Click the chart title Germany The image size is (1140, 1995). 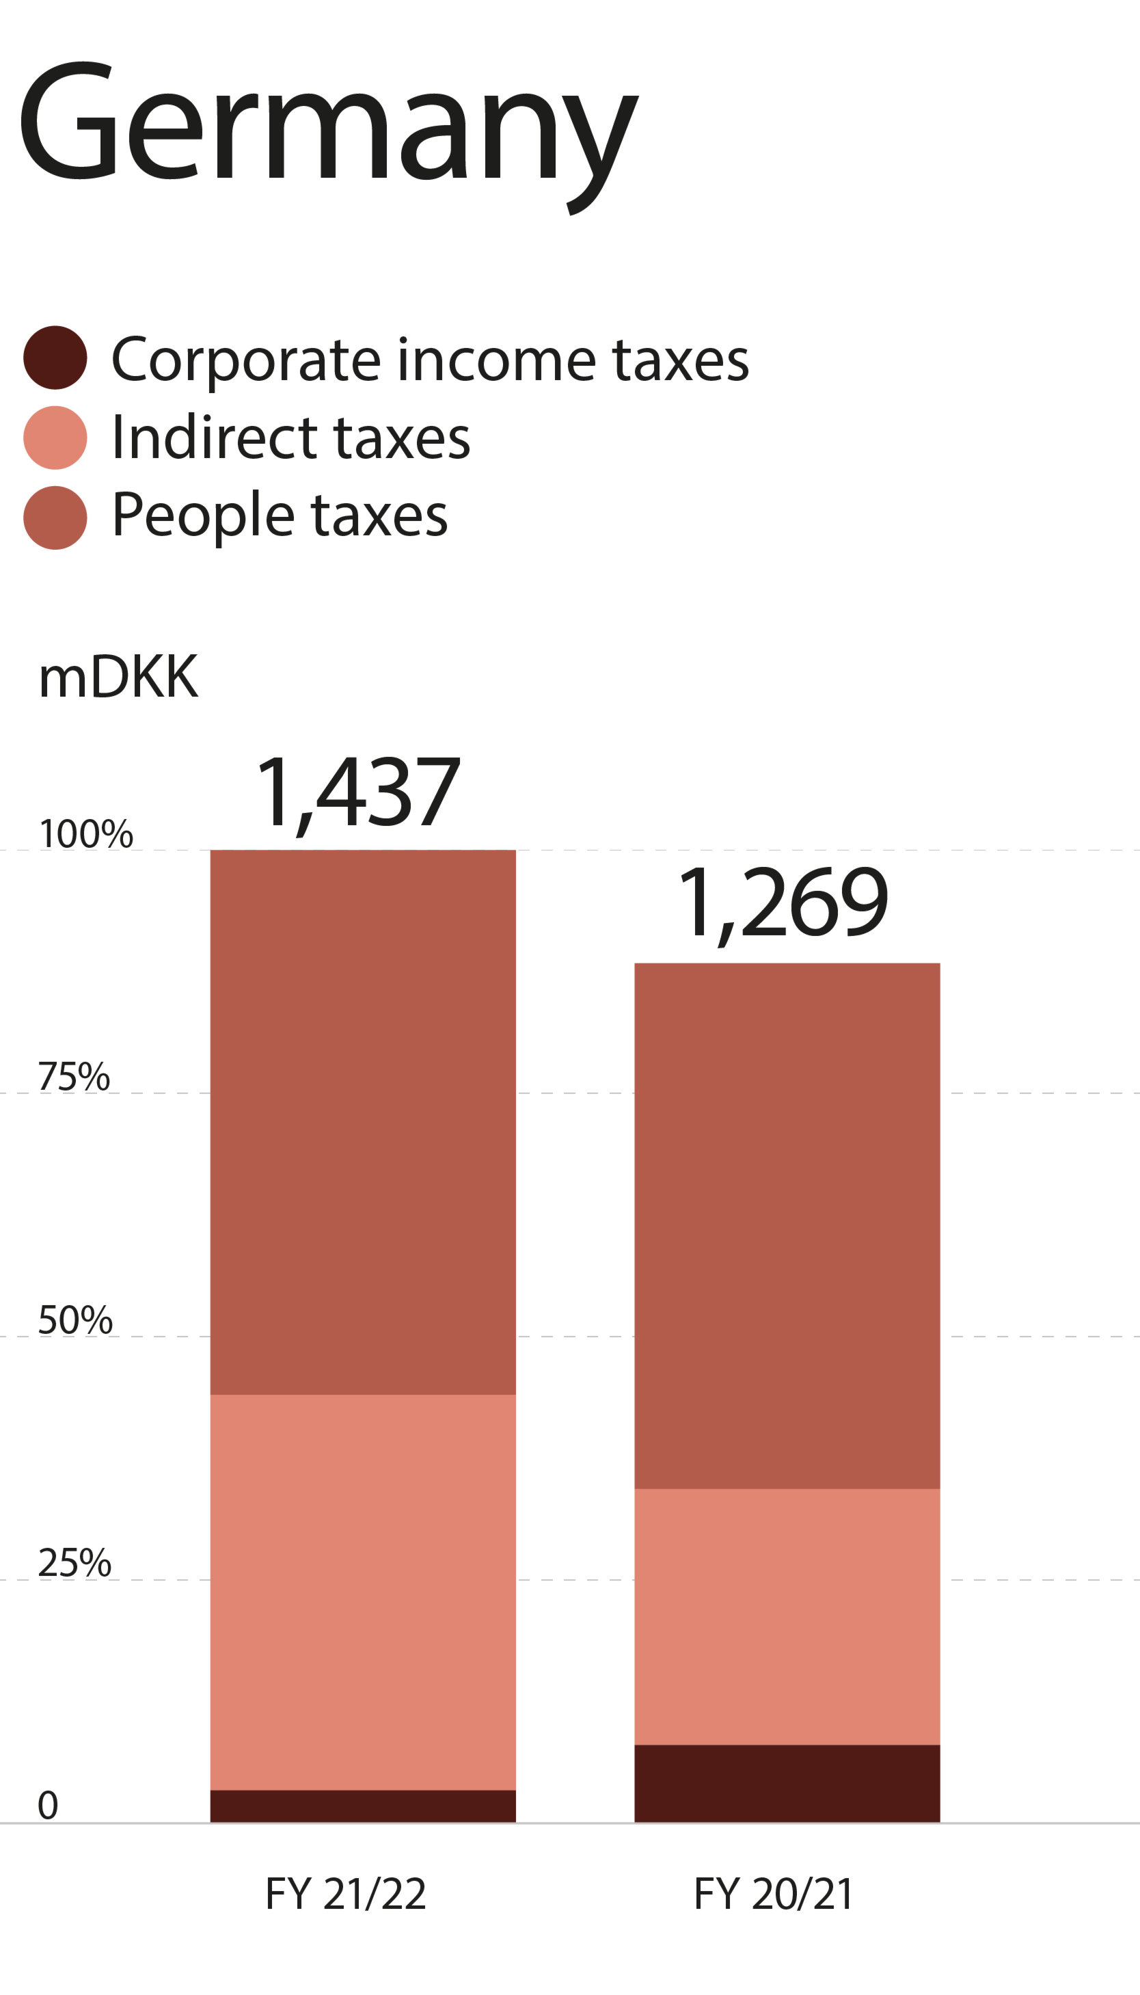pos(328,137)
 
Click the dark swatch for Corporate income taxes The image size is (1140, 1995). pos(55,358)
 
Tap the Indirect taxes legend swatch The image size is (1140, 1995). pos(55,438)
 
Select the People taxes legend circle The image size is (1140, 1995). pos(55,518)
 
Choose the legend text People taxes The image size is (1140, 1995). pos(280,517)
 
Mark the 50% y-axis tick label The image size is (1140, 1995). pos(75,1320)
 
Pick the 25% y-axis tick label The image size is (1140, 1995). pos(74,1563)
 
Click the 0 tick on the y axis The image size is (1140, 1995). pos(48,1805)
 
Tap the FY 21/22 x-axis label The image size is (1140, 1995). pos(345,1894)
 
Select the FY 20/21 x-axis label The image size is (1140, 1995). pos(773,1894)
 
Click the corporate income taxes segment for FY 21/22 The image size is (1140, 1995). pos(362,1806)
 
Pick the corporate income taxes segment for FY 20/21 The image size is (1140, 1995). pos(787,1784)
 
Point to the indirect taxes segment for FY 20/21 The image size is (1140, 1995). pos(787,1616)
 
